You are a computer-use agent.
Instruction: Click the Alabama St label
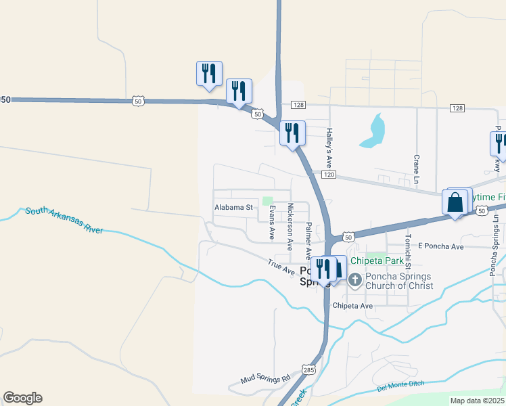233,208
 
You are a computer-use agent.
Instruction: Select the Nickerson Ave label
290,223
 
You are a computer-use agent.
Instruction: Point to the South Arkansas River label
64,221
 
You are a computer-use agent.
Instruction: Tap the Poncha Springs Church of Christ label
399,281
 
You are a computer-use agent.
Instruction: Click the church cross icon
356,277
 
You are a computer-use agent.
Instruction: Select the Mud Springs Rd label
266,379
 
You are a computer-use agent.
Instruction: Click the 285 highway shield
309,370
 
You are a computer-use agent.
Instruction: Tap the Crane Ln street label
416,169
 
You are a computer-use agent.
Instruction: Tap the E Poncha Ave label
441,246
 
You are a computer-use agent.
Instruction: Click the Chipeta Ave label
352,306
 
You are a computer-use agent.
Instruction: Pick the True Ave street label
281,268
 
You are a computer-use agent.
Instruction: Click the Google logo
22,398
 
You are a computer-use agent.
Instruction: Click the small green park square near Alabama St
267,200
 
